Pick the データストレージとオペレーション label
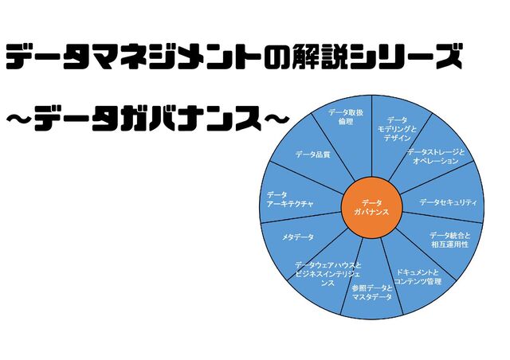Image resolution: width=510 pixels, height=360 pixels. [x=434, y=156]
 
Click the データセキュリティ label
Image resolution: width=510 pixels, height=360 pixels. [x=448, y=202]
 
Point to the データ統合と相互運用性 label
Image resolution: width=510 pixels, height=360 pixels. [x=445, y=240]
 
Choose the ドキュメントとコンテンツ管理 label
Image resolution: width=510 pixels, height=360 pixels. [x=418, y=276]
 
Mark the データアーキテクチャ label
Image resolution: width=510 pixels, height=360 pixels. [x=290, y=199]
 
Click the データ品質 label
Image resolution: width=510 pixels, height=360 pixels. [x=312, y=155]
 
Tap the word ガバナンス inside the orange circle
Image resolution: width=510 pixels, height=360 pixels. [x=371, y=214]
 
